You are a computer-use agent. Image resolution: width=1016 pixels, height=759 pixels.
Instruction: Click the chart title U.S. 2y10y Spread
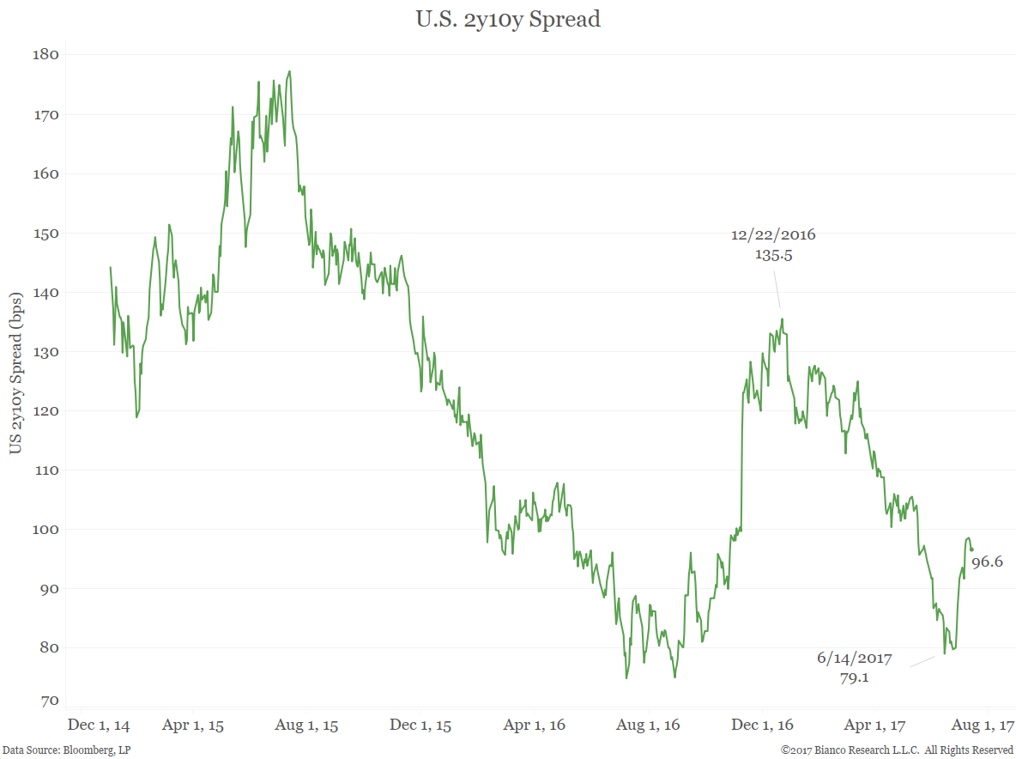pyautogui.click(x=508, y=20)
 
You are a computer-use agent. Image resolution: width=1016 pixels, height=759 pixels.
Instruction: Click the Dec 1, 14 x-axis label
pyautogui.click(x=99, y=726)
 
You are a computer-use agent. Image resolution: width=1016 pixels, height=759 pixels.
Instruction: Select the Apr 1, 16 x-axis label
pyautogui.click(x=534, y=726)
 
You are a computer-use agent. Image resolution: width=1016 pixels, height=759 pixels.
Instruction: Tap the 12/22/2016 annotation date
pyautogui.click(x=773, y=234)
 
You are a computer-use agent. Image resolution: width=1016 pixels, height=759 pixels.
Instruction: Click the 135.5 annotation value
pyautogui.click(x=773, y=254)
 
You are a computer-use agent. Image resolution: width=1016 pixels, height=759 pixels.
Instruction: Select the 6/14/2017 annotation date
pyautogui.click(x=855, y=659)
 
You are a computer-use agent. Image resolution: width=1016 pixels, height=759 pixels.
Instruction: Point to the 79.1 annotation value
pyautogui.click(x=855, y=677)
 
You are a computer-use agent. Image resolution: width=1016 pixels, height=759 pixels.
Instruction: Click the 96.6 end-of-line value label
pyautogui.click(x=988, y=562)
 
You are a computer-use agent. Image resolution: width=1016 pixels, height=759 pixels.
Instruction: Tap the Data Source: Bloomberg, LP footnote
pyautogui.click(x=66, y=750)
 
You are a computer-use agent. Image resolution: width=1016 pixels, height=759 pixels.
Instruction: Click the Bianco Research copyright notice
pyautogui.click(x=897, y=750)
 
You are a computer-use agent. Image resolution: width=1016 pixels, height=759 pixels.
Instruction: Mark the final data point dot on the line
pyautogui.click(x=972, y=550)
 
